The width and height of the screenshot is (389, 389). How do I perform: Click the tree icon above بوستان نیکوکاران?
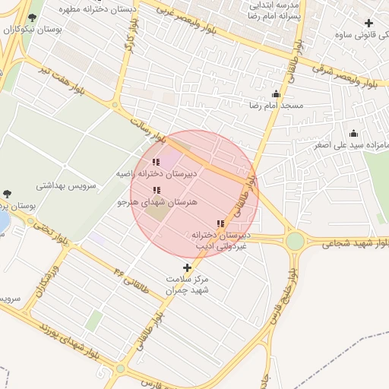pos(31,17)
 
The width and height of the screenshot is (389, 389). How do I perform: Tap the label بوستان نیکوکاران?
pos(32,30)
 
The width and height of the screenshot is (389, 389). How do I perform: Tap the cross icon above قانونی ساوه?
pos(369,24)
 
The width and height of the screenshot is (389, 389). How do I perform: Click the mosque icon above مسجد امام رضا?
pos(275,94)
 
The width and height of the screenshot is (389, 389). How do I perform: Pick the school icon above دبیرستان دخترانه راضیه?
pos(157,162)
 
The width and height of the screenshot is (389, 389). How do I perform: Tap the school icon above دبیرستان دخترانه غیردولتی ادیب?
pos(220,223)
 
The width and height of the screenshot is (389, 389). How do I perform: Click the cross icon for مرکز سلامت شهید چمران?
pos(188,267)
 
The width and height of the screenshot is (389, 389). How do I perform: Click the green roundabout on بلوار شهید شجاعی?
pos(295,242)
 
